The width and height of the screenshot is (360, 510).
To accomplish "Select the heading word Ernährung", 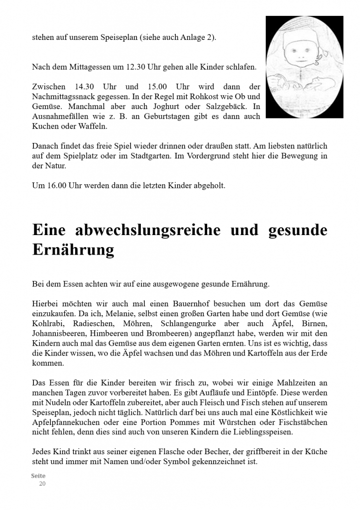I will point(73,249).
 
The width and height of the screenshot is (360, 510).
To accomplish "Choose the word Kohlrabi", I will point(48,323).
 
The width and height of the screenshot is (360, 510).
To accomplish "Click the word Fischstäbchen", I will point(303,422).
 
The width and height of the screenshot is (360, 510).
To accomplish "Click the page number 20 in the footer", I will point(42,483).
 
